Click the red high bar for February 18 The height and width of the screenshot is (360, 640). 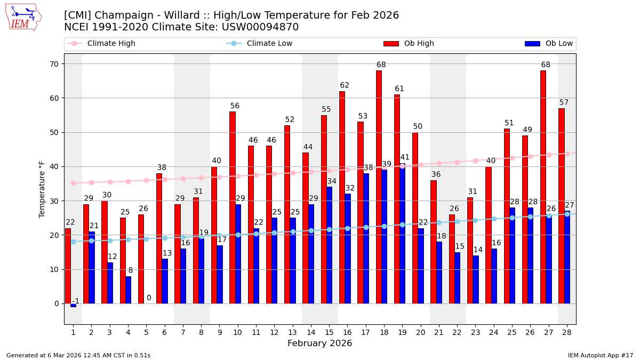[379, 187]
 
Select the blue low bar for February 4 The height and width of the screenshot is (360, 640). [128, 290]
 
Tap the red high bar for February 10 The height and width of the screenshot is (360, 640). [233, 207]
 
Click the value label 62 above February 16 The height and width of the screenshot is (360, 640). [345, 85]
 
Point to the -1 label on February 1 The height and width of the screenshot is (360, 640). [76, 301]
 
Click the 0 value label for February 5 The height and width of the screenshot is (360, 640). [149, 298]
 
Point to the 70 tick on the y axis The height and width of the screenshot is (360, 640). [54, 64]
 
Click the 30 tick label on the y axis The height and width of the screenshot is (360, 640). [54, 201]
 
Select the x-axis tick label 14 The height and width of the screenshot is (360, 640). [311, 332]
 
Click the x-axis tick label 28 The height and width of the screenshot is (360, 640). [567, 332]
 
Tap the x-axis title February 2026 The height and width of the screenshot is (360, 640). [319, 343]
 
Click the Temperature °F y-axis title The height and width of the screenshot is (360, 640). [42, 189]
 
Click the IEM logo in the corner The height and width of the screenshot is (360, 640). [23, 17]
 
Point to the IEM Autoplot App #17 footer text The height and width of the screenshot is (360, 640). [601, 355]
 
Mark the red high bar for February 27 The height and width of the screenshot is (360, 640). [543, 187]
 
